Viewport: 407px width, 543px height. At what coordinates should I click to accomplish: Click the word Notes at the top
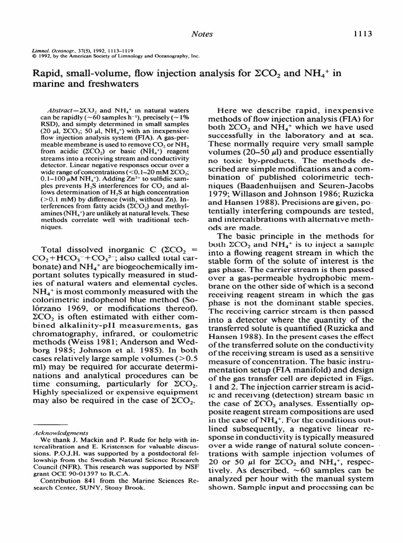click(x=202, y=33)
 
